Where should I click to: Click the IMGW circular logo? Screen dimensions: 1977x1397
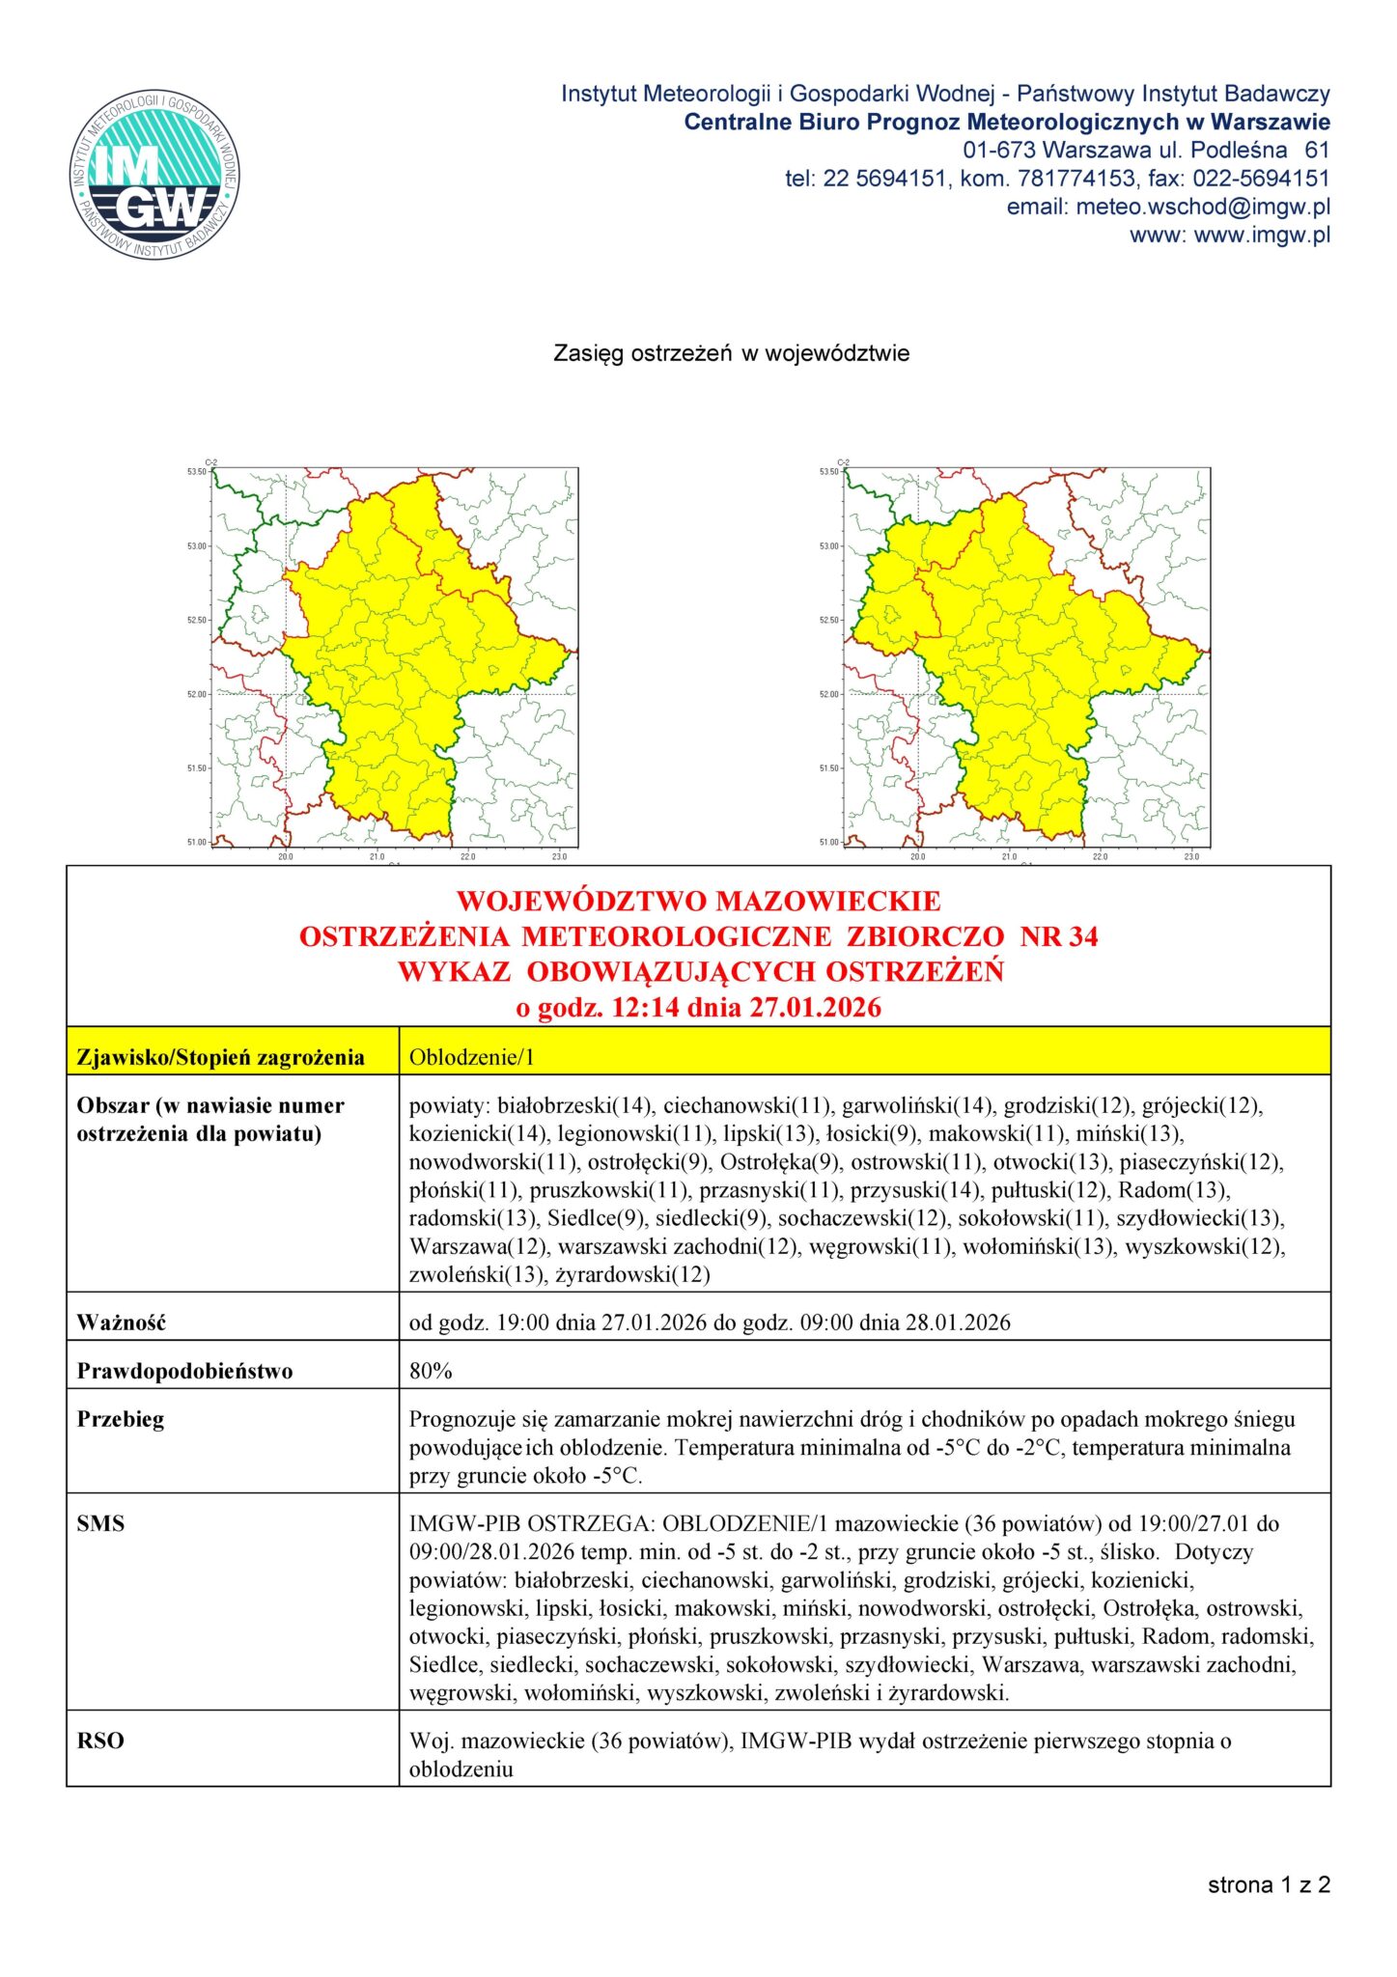pyautogui.click(x=154, y=175)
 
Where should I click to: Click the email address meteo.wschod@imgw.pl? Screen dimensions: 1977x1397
pyautogui.click(x=1203, y=207)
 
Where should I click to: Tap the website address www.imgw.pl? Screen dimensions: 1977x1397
pyautogui.click(x=1262, y=235)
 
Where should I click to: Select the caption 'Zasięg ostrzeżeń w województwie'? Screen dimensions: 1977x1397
pyautogui.click(x=731, y=353)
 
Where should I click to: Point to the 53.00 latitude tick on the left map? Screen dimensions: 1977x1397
pyautogui.click(x=197, y=546)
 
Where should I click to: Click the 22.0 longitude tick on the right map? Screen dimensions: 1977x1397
pyautogui.click(x=1100, y=856)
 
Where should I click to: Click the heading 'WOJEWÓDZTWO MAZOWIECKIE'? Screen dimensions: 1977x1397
pyautogui.click(x=698, y=901)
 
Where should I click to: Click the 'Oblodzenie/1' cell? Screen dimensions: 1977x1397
pyautogui.click(x=471, y=1057)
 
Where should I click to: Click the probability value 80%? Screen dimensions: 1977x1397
pyautogui.click(x=431, y=1371)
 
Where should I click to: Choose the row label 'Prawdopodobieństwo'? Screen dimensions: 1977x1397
pyautogui.click(x=184, y=1371)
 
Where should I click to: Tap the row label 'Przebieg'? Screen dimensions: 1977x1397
pyautogui.click(x=121, y=1419)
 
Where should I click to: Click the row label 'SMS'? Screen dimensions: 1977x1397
pyautogui.click(x=100, y=1523)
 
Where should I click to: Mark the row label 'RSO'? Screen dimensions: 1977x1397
pyautogui.click(x=100, y=1740)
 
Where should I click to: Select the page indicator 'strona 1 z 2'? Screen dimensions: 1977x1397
pyautogui.click(x=1269, y=1884)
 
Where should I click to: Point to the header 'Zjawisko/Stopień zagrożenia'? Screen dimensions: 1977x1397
pyautogui.click(x=220, y=1057)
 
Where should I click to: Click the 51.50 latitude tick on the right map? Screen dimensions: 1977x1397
pyautogui.click(x=829, y=768)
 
